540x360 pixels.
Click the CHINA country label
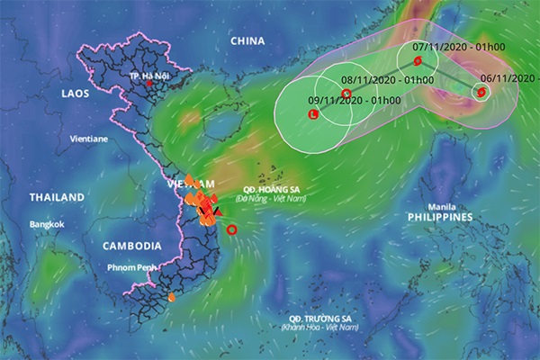tap(247, 41)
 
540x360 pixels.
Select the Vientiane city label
tap(89, 139)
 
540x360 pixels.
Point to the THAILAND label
tap(57, 197)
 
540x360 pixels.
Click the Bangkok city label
tap(47, 224)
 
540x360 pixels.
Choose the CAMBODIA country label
tap(131, 246)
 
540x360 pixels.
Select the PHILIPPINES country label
tap(440, 218)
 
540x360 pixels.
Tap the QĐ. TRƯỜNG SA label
tap(316, 319)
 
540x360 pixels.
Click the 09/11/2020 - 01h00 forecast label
tap(342, 100)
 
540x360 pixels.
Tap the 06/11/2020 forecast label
tap(508, 78)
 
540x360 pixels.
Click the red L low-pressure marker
tap(313, 115)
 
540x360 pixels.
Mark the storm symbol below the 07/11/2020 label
tap(417, 61)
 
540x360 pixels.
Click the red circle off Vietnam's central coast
tap(232, 230)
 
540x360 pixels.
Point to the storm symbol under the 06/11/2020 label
tap(481, 92)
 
